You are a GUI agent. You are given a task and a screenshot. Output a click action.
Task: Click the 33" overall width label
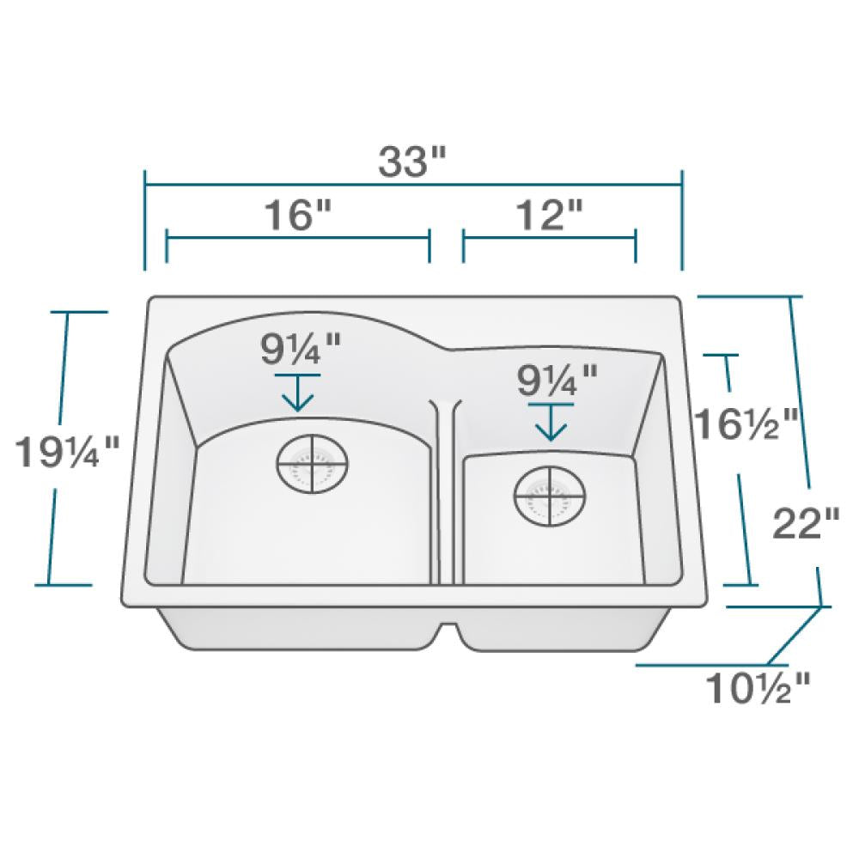(415, 161)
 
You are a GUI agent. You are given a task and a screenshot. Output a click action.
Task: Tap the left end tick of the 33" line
(145, 220)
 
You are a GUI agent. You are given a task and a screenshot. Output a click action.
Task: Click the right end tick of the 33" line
(682, 220)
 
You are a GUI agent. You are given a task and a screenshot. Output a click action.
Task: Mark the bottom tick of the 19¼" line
(64, 585)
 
